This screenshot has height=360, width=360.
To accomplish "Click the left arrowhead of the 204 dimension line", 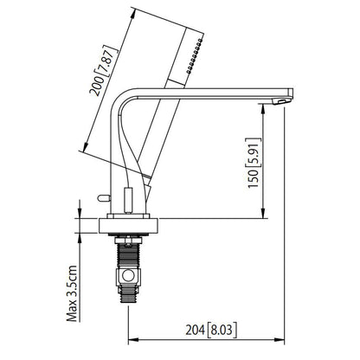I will [132, 337].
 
